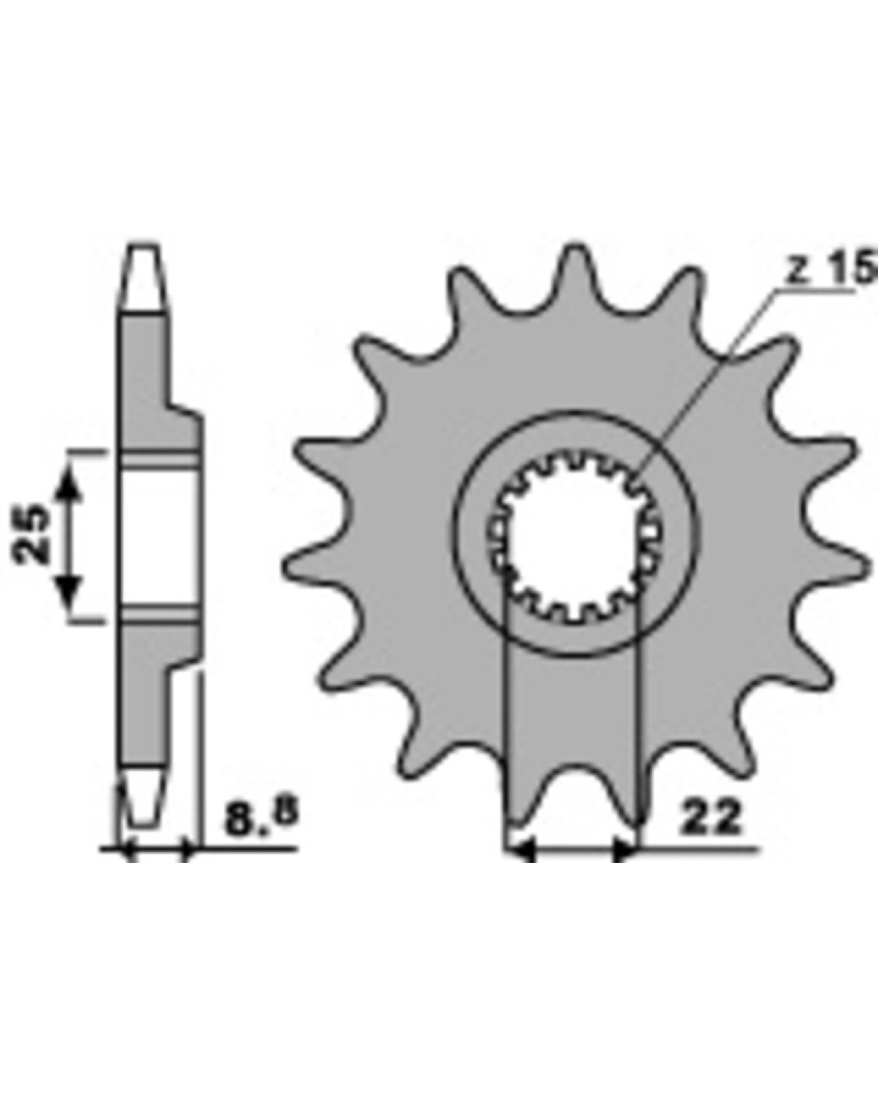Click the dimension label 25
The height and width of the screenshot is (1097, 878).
point(31,535)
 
